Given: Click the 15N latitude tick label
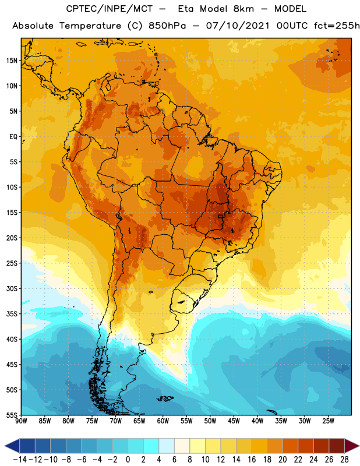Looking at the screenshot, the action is (12, 61).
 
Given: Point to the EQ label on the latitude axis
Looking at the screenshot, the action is (13, 137).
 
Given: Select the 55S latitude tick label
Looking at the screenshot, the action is (12, 415).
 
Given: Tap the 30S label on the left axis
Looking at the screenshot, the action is (12, 288).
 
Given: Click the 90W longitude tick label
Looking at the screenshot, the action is (21, 421).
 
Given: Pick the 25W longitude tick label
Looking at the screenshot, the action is (328, 421).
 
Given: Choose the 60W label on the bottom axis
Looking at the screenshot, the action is (163, 421).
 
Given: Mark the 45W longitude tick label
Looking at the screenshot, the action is (234, 421).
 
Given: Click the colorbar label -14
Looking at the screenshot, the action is (20, 460).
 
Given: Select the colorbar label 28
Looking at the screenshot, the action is (344, 460).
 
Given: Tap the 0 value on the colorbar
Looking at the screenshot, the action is (128, 460).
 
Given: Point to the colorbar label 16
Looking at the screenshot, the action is (252, 460).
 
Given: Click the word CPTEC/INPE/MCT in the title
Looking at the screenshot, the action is (110, 9).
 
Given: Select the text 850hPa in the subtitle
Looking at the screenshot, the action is (167, 26).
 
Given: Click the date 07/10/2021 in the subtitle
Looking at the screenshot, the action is (238, 26).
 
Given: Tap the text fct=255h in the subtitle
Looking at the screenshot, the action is (337, 26).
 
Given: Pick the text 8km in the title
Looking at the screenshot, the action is (243, 9).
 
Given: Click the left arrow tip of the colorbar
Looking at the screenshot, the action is (5, 446).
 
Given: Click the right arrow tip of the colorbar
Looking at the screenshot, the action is (359, 446).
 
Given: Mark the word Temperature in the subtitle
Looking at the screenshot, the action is (90, 26).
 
